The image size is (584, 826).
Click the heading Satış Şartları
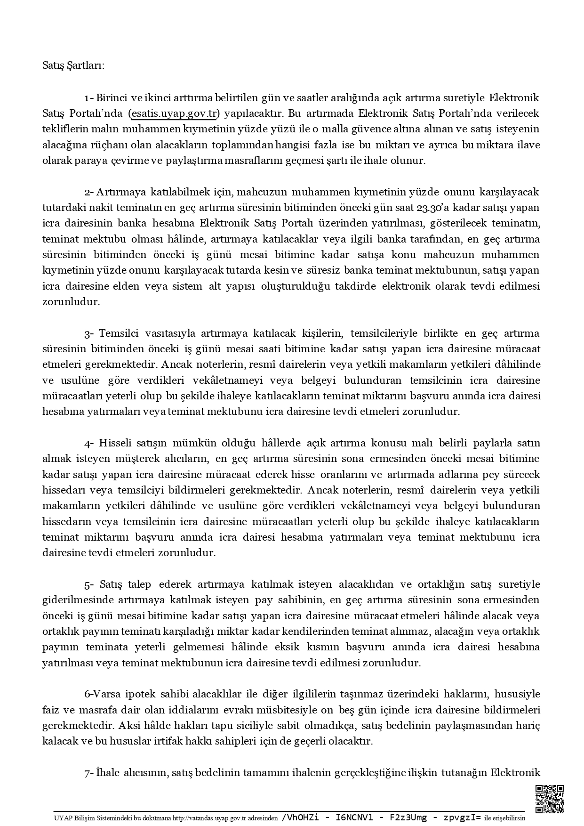point(73,65)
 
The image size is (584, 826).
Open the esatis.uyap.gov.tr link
point(174,113)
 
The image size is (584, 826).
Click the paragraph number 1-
point(89,98)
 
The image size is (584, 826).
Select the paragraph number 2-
point(89,192)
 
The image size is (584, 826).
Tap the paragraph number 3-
point(89,333)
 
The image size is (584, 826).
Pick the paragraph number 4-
point(89,443)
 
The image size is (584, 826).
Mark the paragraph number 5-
point(89,584)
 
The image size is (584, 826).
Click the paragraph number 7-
point(89,773)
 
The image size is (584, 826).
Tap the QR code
point(550,799)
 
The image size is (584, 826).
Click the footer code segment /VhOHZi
point(299,818)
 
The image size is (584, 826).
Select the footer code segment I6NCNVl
point(354,818)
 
